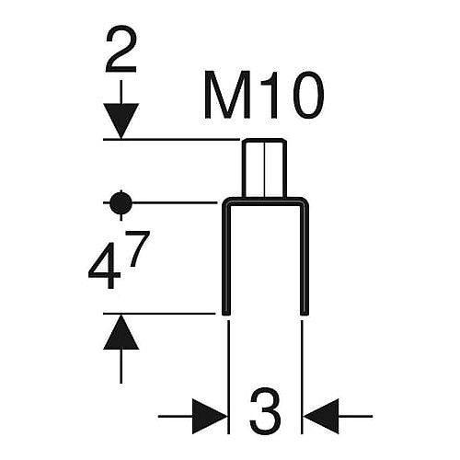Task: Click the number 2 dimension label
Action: click(x=121, y=49)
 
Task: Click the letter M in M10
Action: click(x=227, y=95)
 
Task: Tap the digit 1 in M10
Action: click(x=270, y=95)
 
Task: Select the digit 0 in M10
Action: click(x=305, y=95)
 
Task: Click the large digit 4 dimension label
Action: click(x=104, y=266)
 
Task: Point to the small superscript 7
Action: click(x=138, y=248)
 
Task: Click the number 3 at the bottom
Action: click(x=265, y=410)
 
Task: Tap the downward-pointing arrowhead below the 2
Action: click(x=121, y=121)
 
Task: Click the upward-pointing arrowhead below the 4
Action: click(x=121, y=332)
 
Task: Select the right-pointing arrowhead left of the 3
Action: click(x=210, y=417)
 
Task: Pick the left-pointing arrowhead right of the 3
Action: click(x=321, y=417)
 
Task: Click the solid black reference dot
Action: click(x=121, y=202)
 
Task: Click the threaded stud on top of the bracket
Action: click(x=264, y=168)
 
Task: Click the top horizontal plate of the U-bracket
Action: click(x=265, y=201)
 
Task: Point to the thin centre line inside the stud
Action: click(x=264, y=168)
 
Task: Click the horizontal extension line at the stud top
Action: click(x=171, y=139)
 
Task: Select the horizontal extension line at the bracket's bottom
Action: click(x=159, y=314)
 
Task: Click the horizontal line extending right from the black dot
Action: click(x=175, y=202)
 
